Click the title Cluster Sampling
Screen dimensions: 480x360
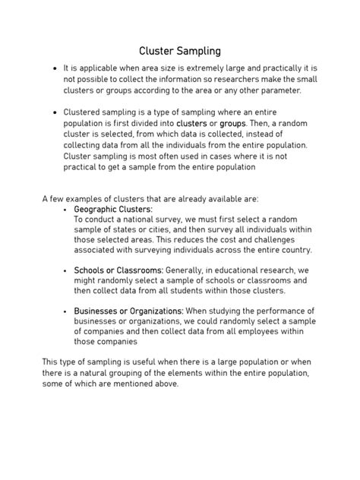(x=180, y=52)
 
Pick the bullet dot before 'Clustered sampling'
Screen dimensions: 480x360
(x=55, y=112)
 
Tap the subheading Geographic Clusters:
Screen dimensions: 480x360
(x=113, y=209)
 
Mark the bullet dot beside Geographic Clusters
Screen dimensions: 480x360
(x=65, y=210)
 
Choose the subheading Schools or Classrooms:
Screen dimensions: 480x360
(x=118, y=270)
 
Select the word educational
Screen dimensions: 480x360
(x=245, y=270)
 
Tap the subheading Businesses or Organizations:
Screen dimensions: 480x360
(x=128, y=311)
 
